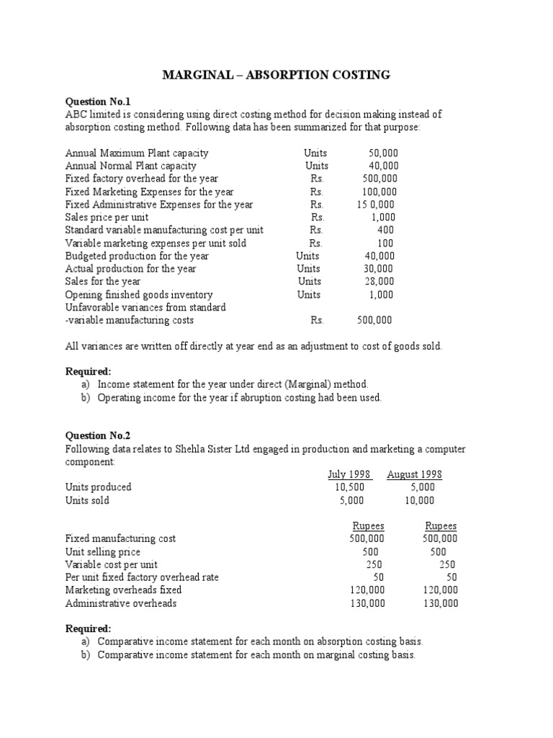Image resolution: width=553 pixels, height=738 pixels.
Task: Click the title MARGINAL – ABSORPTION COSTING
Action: (x=276, y=75)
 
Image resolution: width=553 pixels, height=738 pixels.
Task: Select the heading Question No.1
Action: (x=99, y=102)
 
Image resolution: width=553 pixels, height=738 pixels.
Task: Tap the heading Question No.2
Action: (x=99, y=435)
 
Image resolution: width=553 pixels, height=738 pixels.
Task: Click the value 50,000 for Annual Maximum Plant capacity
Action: (x=382, y=153)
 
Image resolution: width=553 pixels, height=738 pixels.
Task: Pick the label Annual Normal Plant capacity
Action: (x=130, y=166)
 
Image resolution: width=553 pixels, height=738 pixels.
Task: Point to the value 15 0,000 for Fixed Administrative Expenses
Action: (x=375, y=204)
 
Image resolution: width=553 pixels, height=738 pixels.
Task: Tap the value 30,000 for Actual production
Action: (x=379, y=269)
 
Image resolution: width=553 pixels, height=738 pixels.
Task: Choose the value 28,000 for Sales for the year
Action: (x=379, y=281)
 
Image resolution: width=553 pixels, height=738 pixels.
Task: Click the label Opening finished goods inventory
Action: (x=139, y=295)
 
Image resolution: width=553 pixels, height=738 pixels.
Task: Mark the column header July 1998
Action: (x=349, y=474)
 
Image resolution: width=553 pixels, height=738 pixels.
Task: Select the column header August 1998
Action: (x=414, y=474)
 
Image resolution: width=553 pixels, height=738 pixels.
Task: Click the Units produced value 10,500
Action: (x=350, y=487)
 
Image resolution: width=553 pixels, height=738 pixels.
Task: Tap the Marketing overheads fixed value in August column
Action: (x=441, y=590)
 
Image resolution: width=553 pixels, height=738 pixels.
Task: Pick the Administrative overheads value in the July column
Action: (x=367, y=603)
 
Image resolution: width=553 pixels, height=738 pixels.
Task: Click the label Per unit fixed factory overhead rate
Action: (x=142, y=577)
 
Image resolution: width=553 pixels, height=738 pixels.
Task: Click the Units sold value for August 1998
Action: (x=420, y=500)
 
